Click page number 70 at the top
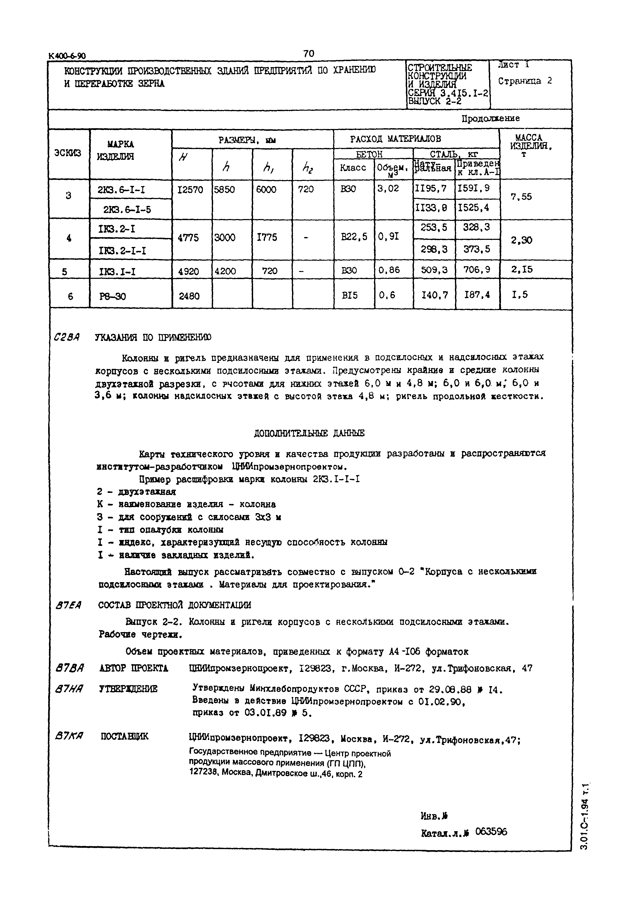tap(308, 53)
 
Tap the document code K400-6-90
tap(67, 56)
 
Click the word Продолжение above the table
tap(490, 118)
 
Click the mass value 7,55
tap(521, 197)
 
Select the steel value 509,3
tap(433, 270)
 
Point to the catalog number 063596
tap(491, 832)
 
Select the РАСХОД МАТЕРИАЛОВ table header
tap(395, 138)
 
